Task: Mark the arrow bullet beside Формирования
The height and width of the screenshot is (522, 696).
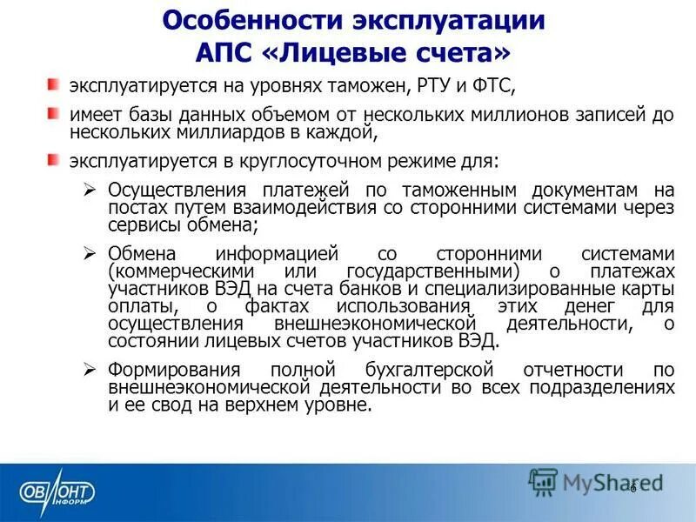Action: point(88,369)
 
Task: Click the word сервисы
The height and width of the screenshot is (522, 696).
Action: point(143,224)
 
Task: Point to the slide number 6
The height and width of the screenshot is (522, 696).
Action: point(633,486)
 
